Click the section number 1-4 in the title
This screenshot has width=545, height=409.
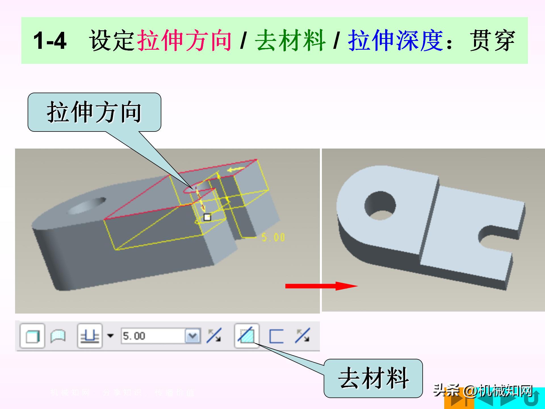click(50, 41)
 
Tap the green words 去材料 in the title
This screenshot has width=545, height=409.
click(290, 41)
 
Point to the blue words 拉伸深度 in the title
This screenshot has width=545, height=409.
click(395, 41)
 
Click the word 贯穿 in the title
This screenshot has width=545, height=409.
click(492, 41)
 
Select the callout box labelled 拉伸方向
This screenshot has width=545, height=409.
click(94, 112)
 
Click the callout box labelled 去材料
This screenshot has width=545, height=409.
click(373, 378)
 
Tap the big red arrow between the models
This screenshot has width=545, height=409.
click(321, 286)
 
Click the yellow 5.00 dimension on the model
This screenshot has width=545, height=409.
click(273, 237)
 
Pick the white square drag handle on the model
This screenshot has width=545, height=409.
click(207, 217)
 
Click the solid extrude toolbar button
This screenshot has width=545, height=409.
click(32, 336)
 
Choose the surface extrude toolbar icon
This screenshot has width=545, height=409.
click(58, 336)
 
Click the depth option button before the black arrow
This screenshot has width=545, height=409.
click(90, 336)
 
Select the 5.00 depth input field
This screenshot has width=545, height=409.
click(153, 336)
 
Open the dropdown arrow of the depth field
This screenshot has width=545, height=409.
click(193, 336)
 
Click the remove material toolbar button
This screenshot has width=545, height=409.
click(246, 336)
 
